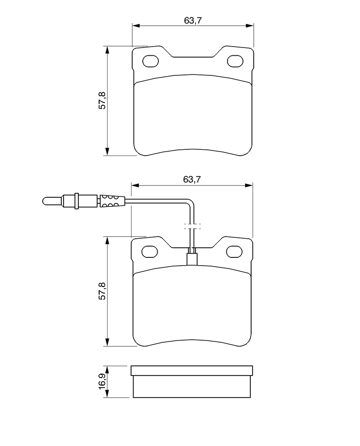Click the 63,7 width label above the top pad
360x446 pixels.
point(192,20)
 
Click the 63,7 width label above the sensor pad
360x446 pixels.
point(192,179)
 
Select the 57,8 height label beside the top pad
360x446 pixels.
point(102,101)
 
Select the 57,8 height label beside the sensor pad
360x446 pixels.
point(102,291)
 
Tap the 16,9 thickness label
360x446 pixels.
point(102,382)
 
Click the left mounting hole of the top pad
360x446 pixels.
point(151,61)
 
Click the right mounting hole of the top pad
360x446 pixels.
point(235,61)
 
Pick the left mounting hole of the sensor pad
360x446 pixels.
point(150,251)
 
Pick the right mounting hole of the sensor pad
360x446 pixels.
point(234,251)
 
